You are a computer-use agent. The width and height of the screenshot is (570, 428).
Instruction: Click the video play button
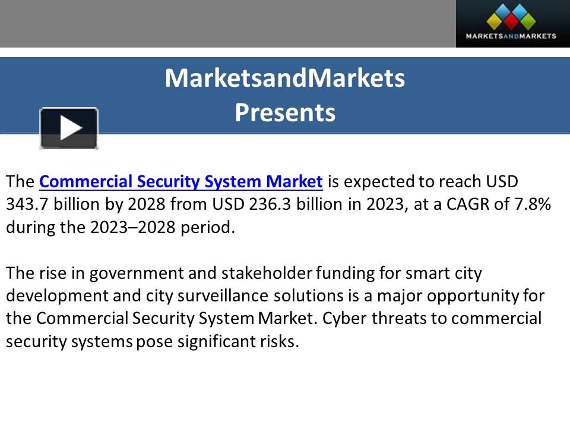69,128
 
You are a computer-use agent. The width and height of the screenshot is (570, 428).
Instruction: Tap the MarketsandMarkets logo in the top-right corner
512,24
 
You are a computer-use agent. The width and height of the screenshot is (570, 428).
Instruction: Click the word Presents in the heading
285,112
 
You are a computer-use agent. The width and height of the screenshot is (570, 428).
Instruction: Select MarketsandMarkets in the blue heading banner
285,78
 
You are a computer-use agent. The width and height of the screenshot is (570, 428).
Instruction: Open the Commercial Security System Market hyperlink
180,181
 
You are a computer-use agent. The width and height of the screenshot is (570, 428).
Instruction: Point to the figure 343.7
28,204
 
